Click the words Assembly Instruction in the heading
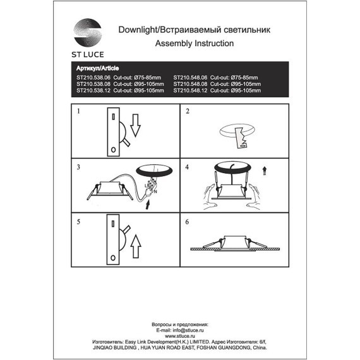[194, 44]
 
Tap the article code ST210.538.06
[93, 76]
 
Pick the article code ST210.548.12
[190, 90]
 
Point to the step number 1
[79, 112]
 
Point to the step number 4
[187, 167]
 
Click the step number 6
[187, 222]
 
